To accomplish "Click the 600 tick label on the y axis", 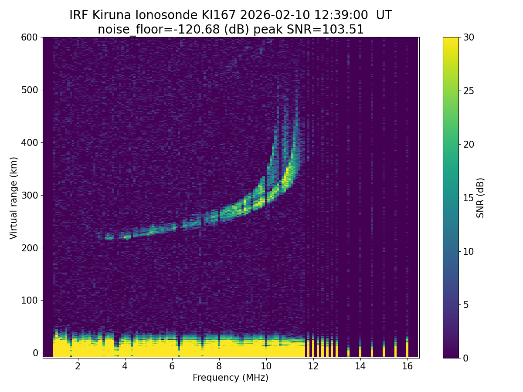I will click(29, 37).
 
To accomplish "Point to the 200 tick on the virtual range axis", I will click(29, 248).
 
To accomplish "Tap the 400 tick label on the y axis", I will click(29, 142).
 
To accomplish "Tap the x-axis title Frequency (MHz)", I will click(231, 378).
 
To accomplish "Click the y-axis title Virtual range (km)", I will click(14, 198).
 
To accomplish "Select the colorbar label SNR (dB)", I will click(480, 198).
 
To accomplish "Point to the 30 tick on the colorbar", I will click(469, 37).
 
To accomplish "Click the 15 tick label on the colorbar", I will click(469, 198).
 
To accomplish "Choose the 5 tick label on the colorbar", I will click(466, 304).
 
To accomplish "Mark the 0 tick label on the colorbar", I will click(466, 358).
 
